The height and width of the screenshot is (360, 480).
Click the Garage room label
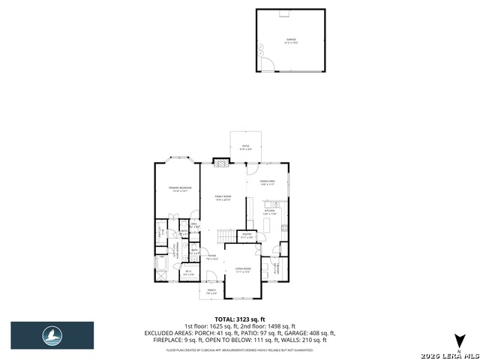tap(290, 40)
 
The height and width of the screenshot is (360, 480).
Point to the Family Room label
tap(223, 198)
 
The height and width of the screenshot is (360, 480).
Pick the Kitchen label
tap(270, 212)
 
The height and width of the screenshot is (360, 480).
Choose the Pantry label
tap(247, 235)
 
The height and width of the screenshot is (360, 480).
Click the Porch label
tap(211, 291)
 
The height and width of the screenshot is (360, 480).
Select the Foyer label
tap(212, 257)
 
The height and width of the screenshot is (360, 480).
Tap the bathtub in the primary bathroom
tap(163, 265)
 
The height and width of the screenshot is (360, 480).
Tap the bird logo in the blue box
tap(52, 335)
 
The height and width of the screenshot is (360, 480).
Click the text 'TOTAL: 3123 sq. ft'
tap(240, 319)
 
